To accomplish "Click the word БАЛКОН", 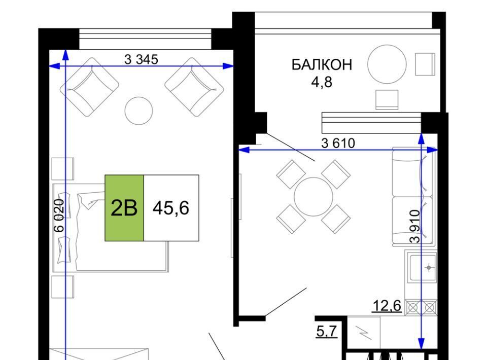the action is (x=322, y=64).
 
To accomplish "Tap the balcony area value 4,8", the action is (x=322, y=82).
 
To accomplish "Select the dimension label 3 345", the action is (x=142, y=59).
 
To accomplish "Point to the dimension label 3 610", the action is (x=338, y=143).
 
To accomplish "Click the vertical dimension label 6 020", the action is (x=59, y=215).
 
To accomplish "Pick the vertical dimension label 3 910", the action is (x=414, y=226).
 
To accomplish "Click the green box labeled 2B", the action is (x=124, y=208).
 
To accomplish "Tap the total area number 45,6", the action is (x=171, y=208).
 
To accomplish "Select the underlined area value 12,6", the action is (x=387, y=306).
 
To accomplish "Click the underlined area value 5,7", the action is (x=326, y=331).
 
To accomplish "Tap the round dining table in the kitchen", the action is (x=314, y=197).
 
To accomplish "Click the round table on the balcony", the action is (x=387, y=64).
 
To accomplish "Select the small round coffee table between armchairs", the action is (x=138, y=111).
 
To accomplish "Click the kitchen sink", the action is (x=423, y=268).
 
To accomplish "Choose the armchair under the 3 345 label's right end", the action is (x=194, y=87).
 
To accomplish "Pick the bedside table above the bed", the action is (x=63, y=169).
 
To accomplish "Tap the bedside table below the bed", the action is (x=63, y=287).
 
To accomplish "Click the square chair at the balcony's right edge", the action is (x=425, y=64).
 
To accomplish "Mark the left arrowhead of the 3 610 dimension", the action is (x=244, y=150).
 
